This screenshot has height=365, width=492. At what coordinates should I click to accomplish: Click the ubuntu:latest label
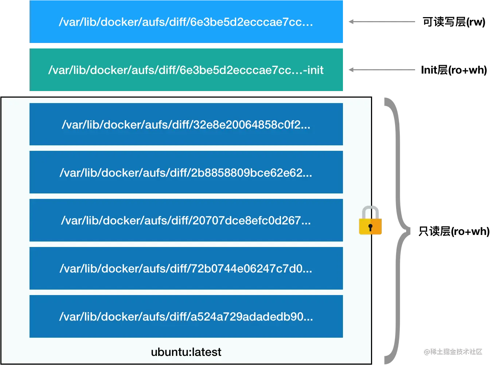coord(186,352)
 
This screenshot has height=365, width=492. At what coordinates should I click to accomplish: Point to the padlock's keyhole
coord(370,228)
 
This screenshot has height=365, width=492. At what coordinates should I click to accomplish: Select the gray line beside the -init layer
coord(382,70)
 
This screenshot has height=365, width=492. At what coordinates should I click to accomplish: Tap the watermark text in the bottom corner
coord(453,351)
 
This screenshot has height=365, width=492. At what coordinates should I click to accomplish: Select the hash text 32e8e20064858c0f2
coord(251,125)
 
